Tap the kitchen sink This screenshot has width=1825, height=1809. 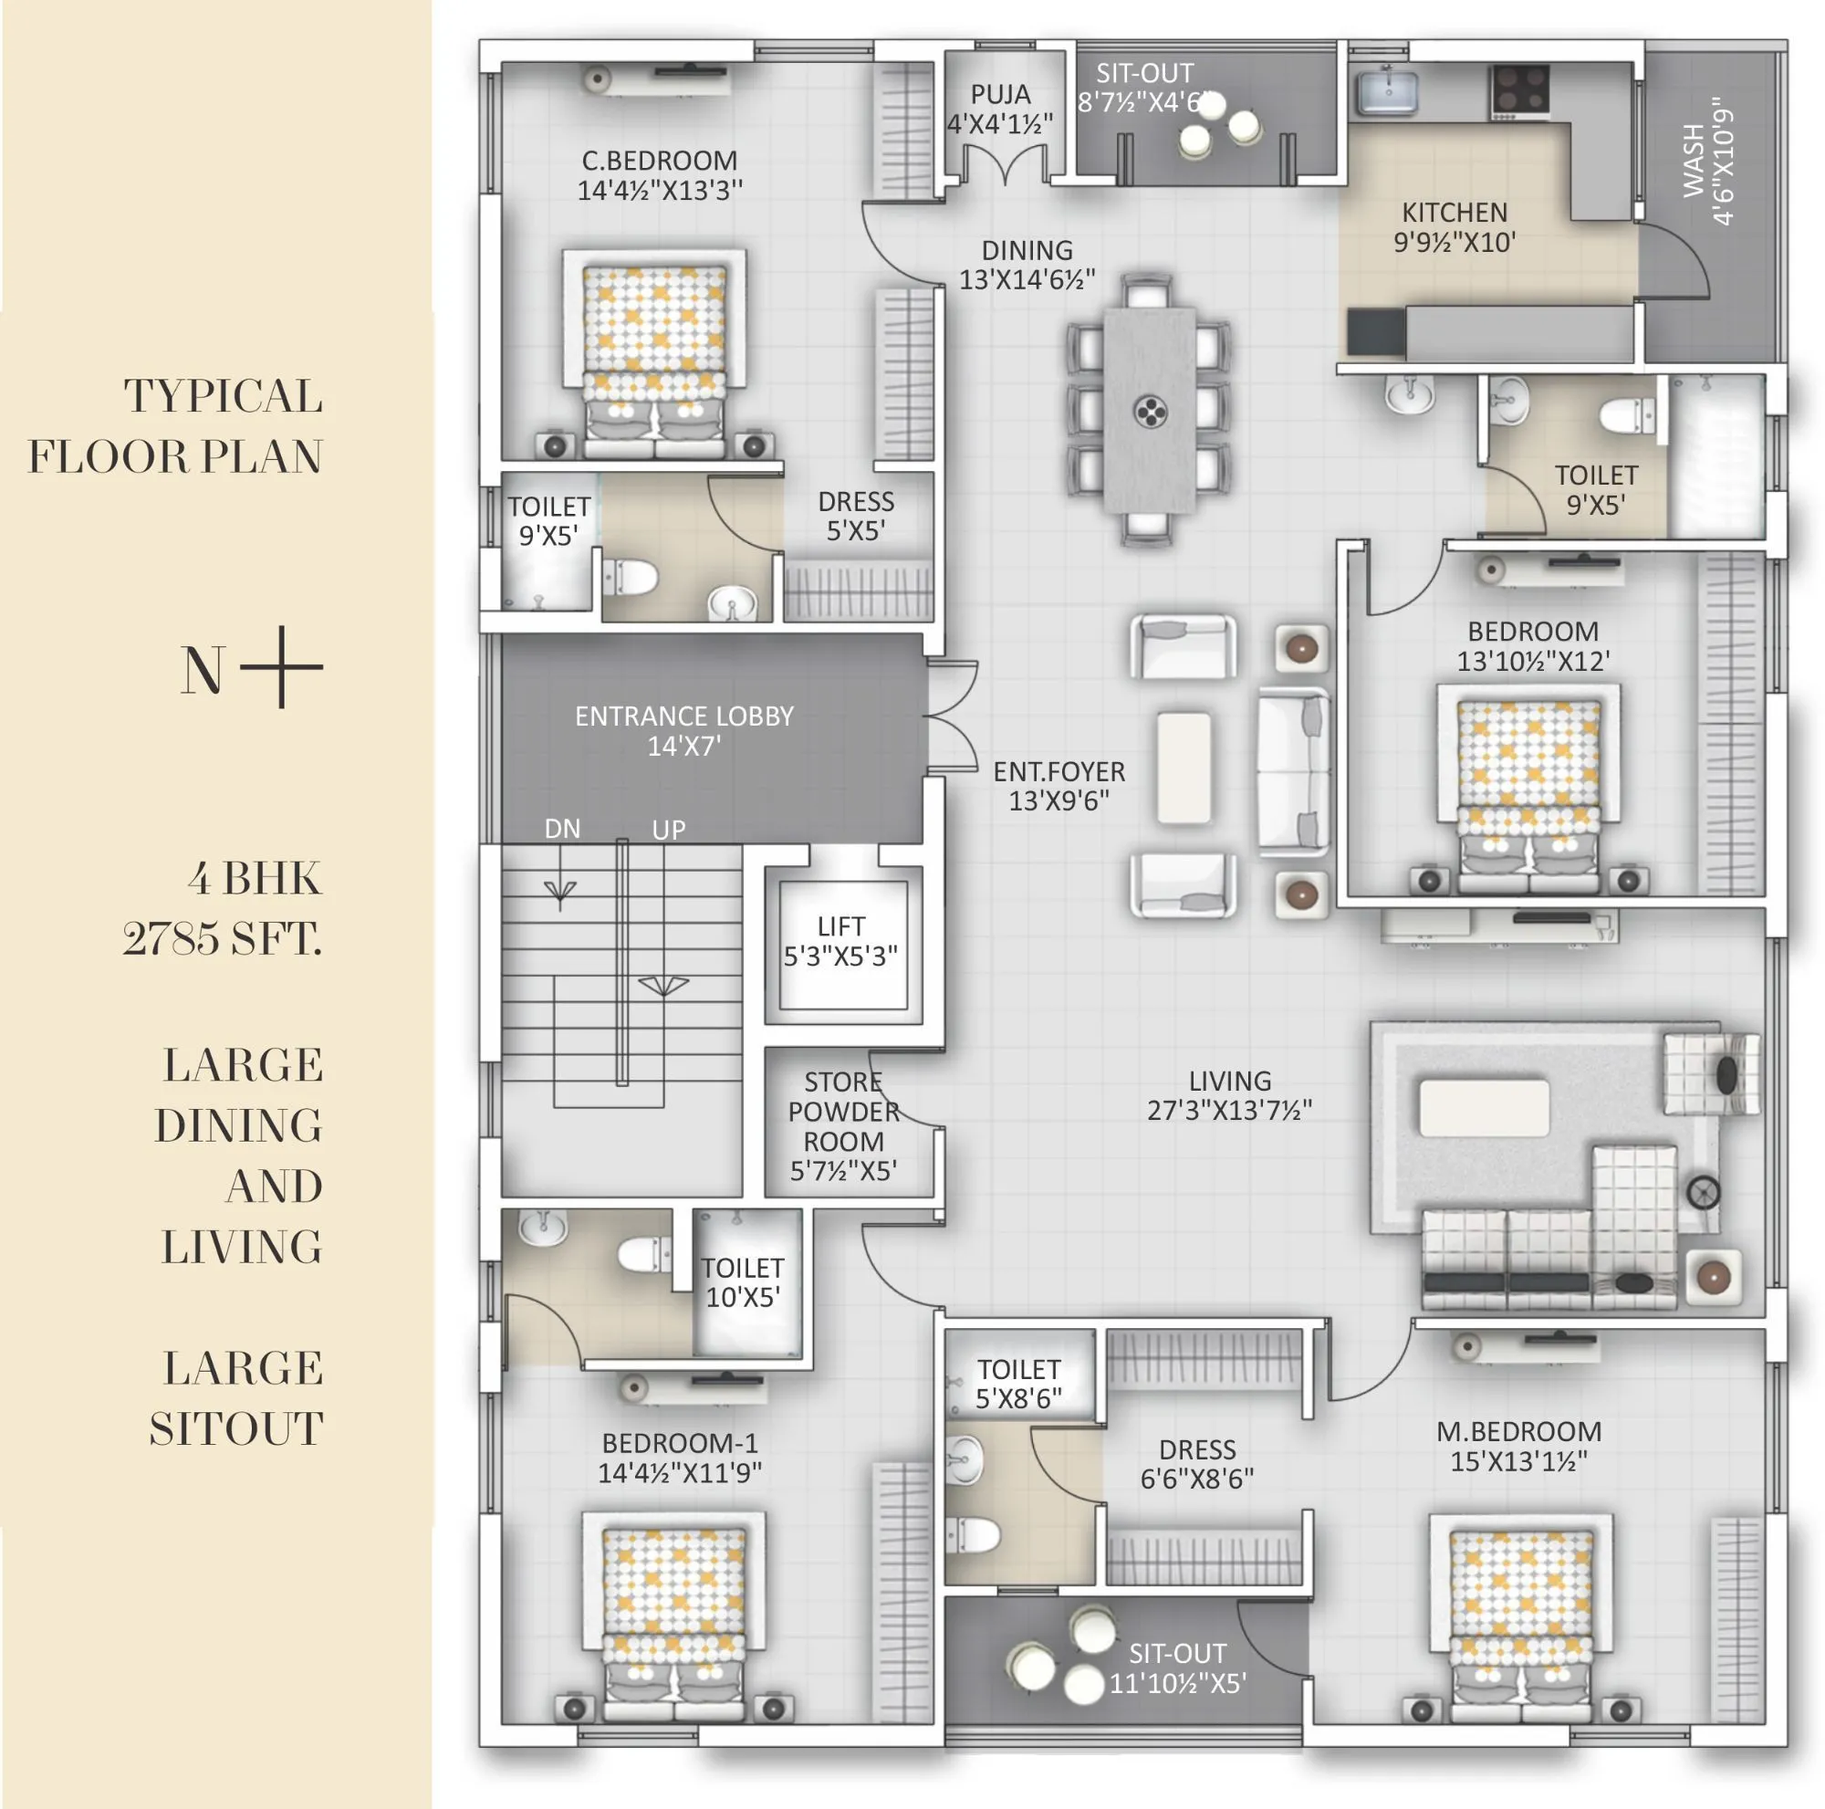(1387, 91)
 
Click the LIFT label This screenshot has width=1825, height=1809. (840, 925)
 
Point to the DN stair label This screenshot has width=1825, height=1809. (562, 829)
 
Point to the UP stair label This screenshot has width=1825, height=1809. (668, 830)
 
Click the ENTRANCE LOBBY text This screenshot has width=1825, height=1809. (683, 716)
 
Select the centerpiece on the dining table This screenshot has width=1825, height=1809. (1150, 411)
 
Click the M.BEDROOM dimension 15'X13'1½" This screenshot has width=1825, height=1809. (1518, 1461)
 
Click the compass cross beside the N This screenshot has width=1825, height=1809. (281, 667)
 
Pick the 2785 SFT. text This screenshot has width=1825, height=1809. (223, 939)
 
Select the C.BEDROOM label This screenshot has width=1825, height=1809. (660, 161)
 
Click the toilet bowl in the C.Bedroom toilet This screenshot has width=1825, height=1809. (630, 576)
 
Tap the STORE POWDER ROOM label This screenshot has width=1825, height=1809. (843, 1111)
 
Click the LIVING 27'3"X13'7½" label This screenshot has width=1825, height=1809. (1229, 1095)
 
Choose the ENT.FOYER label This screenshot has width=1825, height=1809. (1058, 772)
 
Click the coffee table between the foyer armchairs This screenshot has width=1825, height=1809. (1184, 768)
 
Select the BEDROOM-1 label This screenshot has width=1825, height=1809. (679, 1443)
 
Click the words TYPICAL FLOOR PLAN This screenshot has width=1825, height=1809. (177, 427)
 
